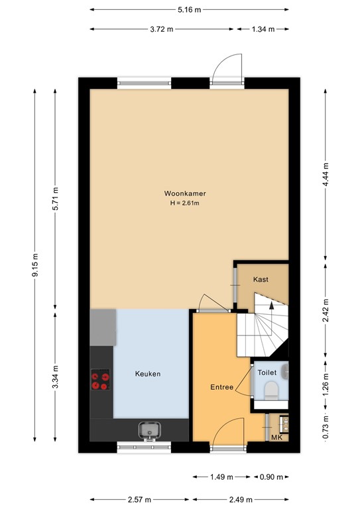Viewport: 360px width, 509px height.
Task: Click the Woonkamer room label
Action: pos(185,194)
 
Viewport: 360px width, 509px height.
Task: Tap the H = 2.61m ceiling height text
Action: pos(185,203)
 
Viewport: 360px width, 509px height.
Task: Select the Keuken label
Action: pos(148,374)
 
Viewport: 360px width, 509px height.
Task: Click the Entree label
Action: pos(221,387)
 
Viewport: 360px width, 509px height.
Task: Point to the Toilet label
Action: pos(267,372)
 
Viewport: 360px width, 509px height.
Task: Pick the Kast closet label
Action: pos(261,279)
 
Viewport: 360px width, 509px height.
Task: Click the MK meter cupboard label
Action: pos(276,437)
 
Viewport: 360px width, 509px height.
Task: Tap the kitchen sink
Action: pos(149,430)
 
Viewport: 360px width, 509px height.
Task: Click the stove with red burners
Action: pos(100,379)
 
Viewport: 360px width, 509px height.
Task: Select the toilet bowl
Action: pos(271,391)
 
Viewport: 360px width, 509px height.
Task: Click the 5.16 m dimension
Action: pos(189,10)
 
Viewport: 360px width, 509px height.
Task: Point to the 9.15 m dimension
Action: pos(35,265)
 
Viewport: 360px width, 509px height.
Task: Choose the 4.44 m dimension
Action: pos(326,174)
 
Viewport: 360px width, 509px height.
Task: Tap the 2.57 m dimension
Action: pos(139,499)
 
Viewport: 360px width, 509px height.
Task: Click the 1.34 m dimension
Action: pos(263,29)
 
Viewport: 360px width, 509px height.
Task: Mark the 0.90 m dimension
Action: pos(271,477)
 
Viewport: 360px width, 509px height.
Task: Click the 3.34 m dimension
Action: pos(55,377)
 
